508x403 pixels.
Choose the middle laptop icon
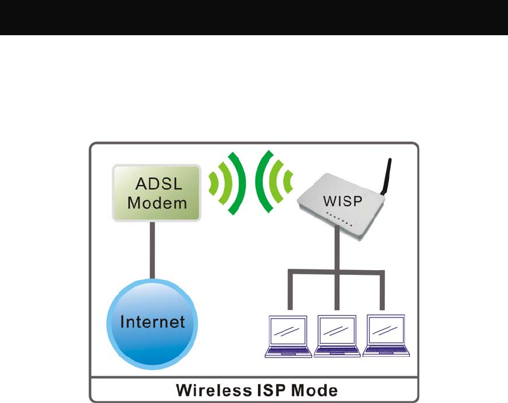tap(337, 336)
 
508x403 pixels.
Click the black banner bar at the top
tap(254, 17)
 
